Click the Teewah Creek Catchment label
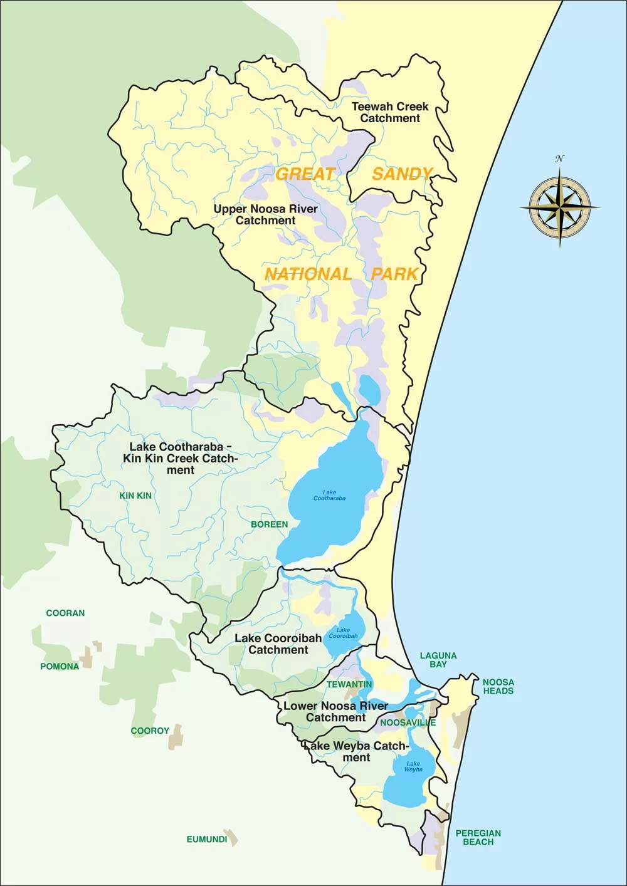click(389, 112)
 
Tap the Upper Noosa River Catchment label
click(265, 214)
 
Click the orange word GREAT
click(306, 174)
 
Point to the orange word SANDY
click(402, 174)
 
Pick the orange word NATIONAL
click(308, 274)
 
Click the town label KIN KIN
click(135, 496)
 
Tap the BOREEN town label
click(269, 524)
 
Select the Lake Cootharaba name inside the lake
click(329, 496)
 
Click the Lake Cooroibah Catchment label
click(278, 644)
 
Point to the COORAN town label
click(65, 613)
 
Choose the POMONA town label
click(60, 666)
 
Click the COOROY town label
click(150, 731)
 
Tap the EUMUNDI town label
click(206, 839)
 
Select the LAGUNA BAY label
click(438, 659)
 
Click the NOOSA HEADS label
click(498, 686)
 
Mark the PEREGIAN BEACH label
click(478, 837)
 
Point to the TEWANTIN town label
click(349, 684)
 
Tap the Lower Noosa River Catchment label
click(335, 711)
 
